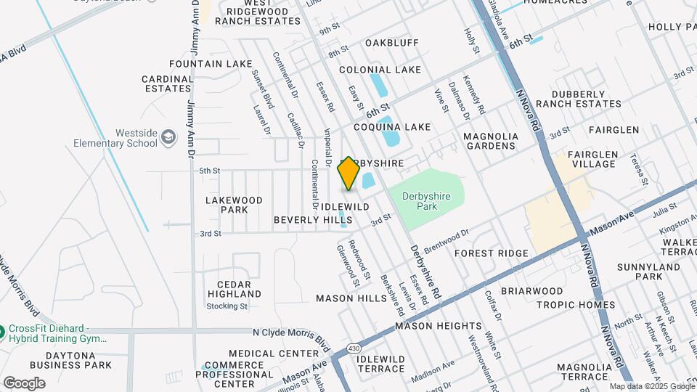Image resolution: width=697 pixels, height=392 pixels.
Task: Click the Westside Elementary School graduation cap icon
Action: (168, 137)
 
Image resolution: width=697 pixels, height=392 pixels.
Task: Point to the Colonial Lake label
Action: (380, 70)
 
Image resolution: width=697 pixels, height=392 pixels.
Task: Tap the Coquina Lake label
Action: (392, 127)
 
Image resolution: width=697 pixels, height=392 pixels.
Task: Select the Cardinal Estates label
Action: (167, 83)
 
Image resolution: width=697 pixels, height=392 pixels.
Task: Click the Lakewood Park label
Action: (234, 205)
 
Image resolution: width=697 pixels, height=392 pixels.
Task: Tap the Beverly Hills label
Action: (312, 219)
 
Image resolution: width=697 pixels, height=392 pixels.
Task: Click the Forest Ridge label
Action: (492, 253)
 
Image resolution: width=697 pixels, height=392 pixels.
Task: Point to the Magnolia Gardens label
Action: (491, 141)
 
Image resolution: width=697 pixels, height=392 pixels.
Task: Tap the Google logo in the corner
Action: (24, 383)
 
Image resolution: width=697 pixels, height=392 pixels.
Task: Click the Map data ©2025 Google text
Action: (651, 386)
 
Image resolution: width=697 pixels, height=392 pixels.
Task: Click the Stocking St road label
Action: (227, 306)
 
